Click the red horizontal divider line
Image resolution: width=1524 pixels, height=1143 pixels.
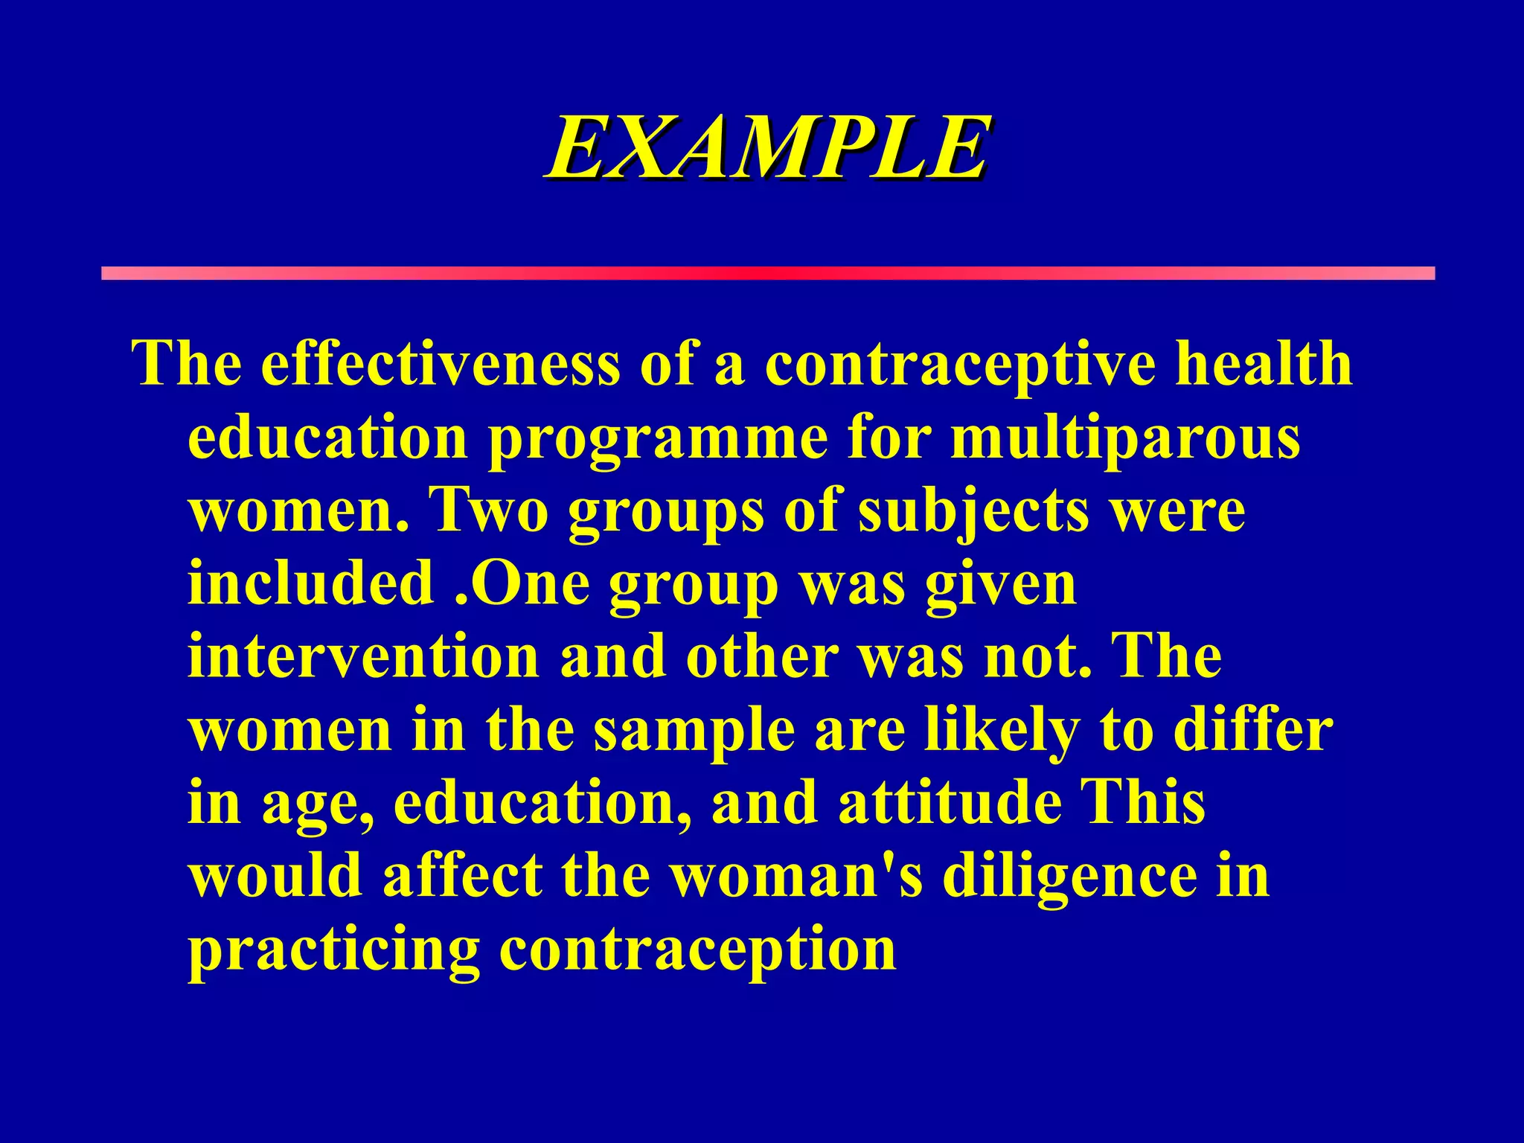pyautogui.click(x=766, y=273)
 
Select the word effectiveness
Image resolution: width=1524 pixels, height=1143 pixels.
pyautogui.click(x=439, y=364)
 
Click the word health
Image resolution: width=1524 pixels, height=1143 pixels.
pyautogui.click(x=1263, y=364)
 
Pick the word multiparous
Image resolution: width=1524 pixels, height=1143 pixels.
pyautogui.click(x=1125, y=439)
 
